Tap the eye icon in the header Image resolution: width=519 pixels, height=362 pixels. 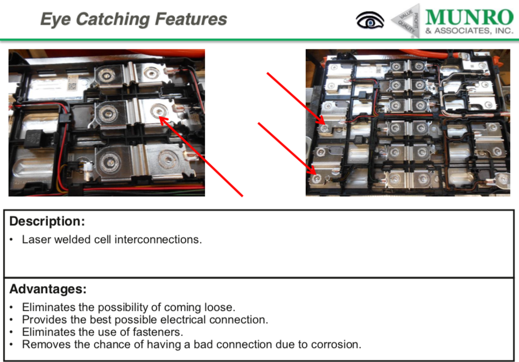[x=370, y=21]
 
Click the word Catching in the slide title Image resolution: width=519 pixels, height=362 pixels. [x=114, y=20]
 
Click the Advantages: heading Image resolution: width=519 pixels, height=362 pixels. [x=48, y=289]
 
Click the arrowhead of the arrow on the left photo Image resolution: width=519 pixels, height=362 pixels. [x=161, y=118]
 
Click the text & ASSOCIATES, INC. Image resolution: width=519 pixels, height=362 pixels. [x=469, y=31]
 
